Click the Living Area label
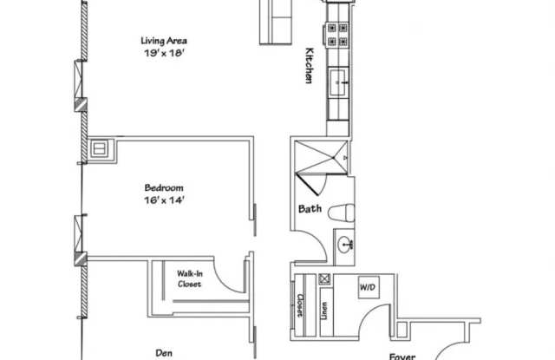[x=165, y=40]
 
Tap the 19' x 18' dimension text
[x=165, y=52]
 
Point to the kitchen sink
[x=336, y=83]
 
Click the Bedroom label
[x=164, y=187]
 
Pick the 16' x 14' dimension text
[x=164, y=200]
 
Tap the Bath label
[x=310, y=208]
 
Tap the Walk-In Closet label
[x=190, y=278]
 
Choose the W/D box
[x=367, y=285]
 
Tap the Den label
[x=164, y=352]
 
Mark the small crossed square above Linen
[x=325, y=279]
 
